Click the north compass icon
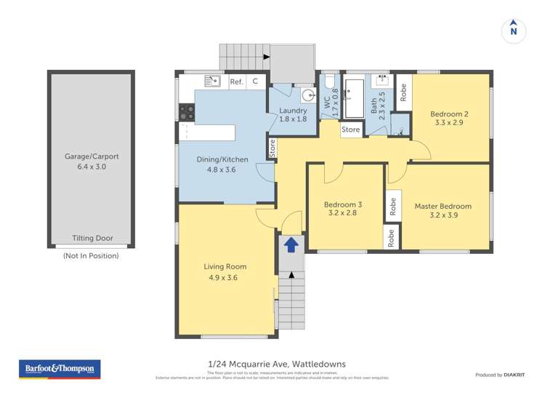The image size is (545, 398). (514, 31)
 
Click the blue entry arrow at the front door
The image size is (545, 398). (291, 244)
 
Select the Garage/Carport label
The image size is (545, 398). (92, 156)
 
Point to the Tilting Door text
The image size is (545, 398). (92, 238)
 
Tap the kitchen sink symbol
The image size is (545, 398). (212, 81)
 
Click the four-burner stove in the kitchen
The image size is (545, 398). (187, 112)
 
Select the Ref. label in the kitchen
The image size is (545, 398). (236, 81)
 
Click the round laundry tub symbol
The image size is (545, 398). (307, 95)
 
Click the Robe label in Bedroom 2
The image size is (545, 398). (403, 92)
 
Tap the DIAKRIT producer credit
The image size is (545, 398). (499, 375)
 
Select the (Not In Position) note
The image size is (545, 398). (91, 255)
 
